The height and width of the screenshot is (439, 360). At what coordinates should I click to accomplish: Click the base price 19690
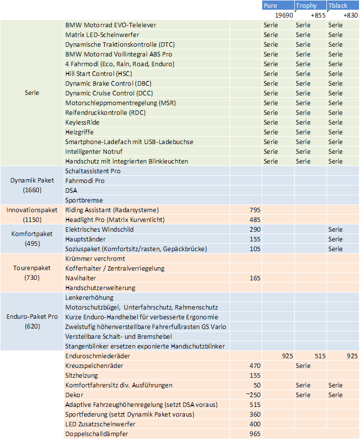point(284,15)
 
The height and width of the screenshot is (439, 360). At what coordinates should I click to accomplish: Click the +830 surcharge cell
point(350,15)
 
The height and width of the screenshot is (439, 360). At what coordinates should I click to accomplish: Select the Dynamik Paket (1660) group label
point(32,185)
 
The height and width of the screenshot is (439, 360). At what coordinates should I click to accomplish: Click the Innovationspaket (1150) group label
point(32,215)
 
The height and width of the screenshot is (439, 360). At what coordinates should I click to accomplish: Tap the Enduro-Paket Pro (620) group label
point(32,322)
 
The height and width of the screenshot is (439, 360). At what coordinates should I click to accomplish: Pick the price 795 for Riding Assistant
point(254,210)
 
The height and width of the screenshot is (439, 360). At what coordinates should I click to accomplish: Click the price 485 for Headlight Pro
point(254,219)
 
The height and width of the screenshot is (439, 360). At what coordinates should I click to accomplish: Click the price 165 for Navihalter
point(254,278)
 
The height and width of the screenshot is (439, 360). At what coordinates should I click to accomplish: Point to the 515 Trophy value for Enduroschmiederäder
point(320,356)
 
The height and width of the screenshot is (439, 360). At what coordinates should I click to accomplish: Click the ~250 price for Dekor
point(253,395)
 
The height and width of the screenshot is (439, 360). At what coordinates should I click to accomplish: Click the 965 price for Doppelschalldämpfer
point(254,434)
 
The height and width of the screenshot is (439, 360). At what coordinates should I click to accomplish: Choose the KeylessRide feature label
point(82,122)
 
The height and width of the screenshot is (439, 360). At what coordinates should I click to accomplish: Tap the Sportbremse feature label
point(84,200)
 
